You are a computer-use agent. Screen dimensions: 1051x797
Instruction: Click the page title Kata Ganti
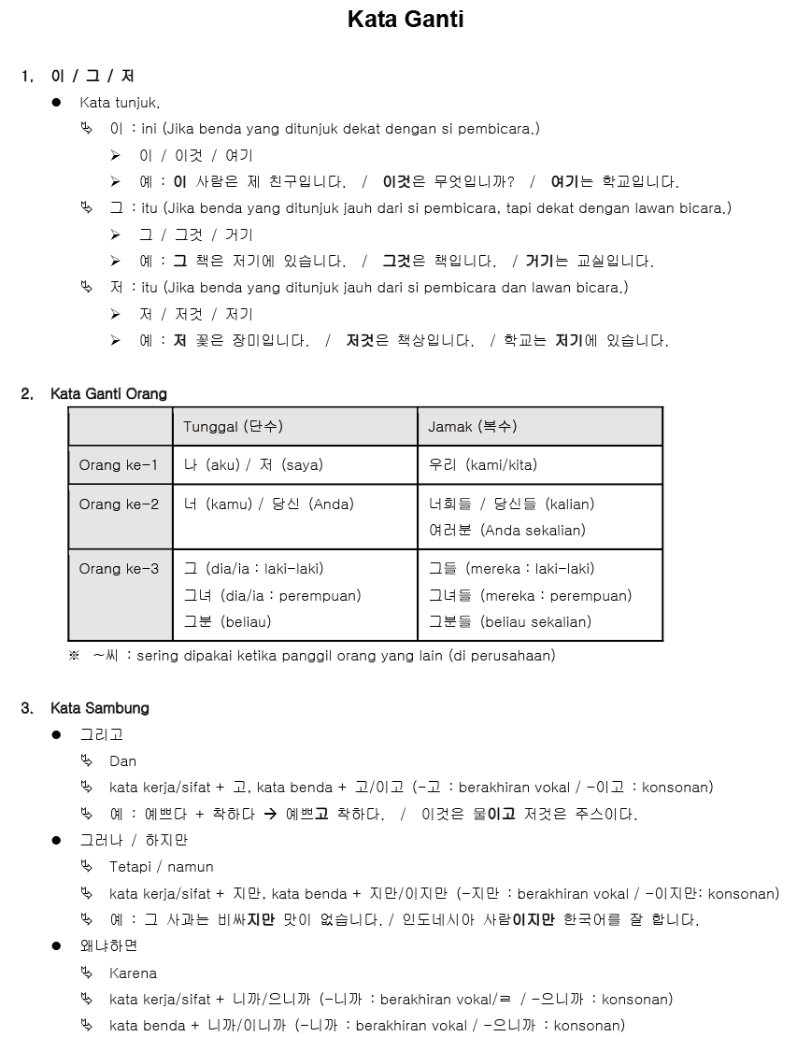(x=406, y=20)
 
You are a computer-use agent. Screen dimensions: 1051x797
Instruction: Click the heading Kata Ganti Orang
(x=108, y=394)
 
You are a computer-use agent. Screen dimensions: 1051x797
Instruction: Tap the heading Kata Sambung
(x=100, y=708)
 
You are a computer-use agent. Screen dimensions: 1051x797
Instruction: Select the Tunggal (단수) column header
(x=233, y=427)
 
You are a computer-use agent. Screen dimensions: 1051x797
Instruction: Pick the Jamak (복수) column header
(x=472, y=427)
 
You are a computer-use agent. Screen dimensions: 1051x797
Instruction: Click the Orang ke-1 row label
(x=119, y=465)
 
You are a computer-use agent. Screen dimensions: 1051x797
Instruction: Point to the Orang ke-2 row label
(x=119, y=504)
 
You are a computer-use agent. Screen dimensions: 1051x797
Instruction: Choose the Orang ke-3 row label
(x=119, y=569)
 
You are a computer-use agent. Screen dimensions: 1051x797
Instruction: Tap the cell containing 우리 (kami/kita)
(x=483, y=465)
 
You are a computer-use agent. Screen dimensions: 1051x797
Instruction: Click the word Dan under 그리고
(x=122, y=761)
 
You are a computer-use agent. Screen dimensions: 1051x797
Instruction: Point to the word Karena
(x=133, y=973)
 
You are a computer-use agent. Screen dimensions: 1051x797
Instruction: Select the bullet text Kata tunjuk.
(x=120, y=103)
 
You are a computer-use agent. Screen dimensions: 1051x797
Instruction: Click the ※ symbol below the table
(x=75, y=656)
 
